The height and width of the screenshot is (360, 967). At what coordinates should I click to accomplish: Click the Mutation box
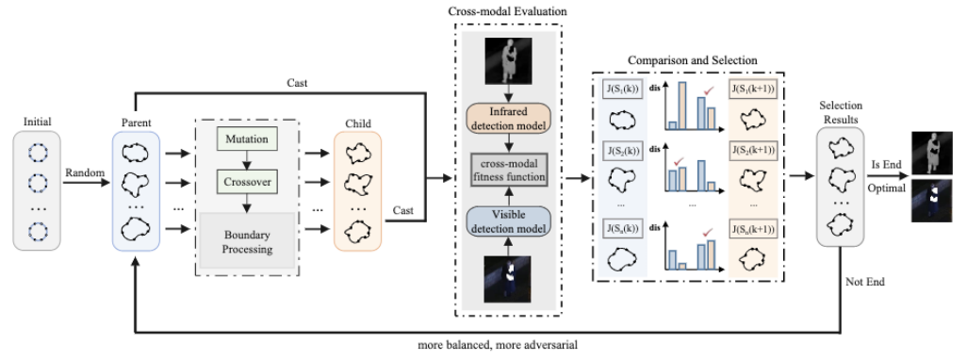(246, 139)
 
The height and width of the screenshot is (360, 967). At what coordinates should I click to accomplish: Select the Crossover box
(246, 183)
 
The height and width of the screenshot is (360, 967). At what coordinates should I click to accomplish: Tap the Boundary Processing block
(246, 241)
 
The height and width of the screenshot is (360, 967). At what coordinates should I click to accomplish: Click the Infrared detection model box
(508, 119)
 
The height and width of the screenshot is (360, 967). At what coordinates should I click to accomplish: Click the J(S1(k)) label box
(622, 90)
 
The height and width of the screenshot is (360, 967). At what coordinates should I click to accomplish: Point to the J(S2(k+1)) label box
(752, 151)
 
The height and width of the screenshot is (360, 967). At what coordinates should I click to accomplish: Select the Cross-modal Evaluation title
(508, 11)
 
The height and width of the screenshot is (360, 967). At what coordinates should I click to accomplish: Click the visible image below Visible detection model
(508, 280)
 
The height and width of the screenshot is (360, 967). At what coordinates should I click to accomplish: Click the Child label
(358, 123)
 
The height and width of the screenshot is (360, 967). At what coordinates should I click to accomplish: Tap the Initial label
(37, 123)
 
